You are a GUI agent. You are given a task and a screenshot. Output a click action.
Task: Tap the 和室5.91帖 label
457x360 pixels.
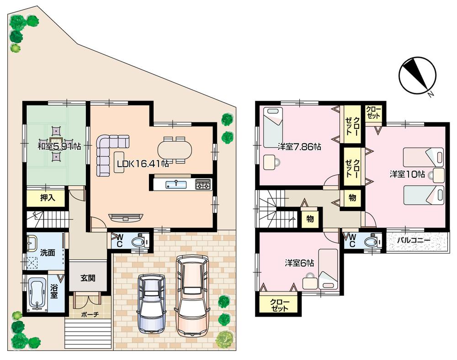pyautogui.click(x=59, y=146)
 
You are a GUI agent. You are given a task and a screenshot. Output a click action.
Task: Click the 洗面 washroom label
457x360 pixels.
pyautogui.click(x=48, y=252)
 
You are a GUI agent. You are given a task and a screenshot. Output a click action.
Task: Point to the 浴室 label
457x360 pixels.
pyautogui.click(x=54, y=292)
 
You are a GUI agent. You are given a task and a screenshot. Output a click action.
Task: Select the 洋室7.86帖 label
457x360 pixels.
pyautogui.click(x=298, y=147)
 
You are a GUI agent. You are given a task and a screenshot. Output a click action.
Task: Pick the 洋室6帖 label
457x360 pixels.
pyautogui.click(x=299, y=263)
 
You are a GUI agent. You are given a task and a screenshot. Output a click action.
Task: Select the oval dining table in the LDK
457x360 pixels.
pyautogui.click(x=175, y=149)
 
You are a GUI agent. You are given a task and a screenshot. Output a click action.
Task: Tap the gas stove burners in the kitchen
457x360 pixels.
pyautogui.click(x=203, y=184)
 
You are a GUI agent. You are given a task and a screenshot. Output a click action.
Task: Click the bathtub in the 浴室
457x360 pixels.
pyautogui.click(x=37, y=294)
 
